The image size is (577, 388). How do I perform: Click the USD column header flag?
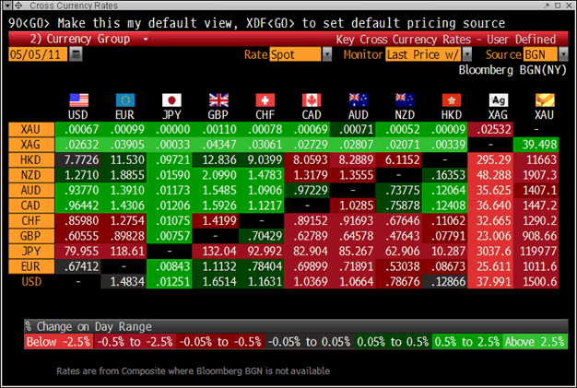(78, 100)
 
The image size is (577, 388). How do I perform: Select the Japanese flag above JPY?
(171, 100)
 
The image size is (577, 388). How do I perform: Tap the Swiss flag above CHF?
(265, 100)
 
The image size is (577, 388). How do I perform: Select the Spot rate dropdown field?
(300, 54)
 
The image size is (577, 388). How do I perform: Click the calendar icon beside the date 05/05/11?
(76, 54)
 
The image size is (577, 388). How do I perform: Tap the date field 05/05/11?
(37, 54)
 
